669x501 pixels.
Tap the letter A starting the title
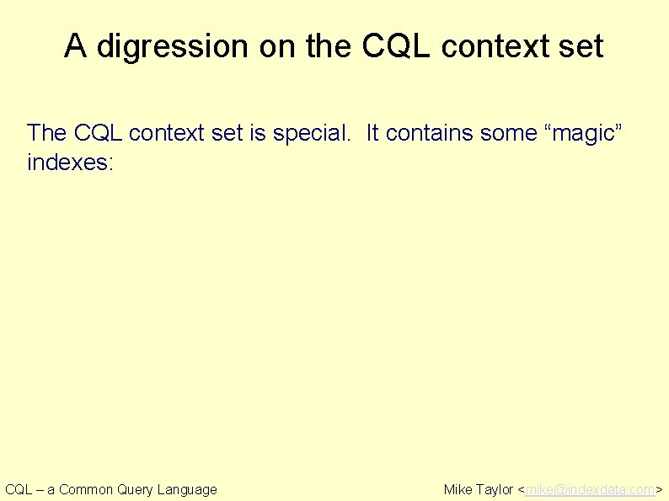tap(75, 46)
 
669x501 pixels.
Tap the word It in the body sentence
tap(372, 133)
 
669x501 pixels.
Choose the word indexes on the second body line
tap(70, 161)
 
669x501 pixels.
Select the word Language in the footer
tap(187, 489)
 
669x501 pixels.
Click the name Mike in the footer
tap(458, 489)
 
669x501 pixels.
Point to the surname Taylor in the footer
tap(495, 489)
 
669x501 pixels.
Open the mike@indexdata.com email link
tap(590, 489)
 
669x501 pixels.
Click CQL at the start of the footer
tap(19, 489)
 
